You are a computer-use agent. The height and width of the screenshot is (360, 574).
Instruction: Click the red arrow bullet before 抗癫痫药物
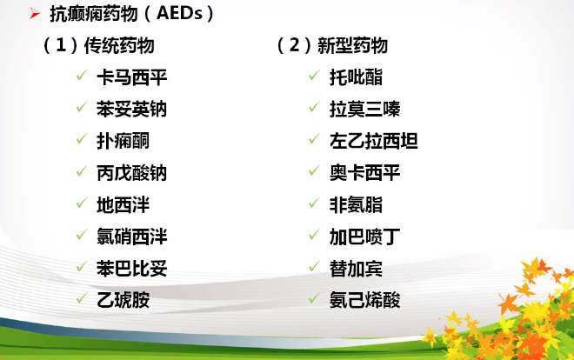pos(35,14)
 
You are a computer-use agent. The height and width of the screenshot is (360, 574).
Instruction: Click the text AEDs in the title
pos(179,14)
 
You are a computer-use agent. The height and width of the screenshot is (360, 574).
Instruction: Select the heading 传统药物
pos(119,46)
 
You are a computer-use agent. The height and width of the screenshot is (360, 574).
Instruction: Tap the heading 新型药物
pos(352,46)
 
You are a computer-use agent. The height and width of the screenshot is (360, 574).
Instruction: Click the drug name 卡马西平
pos(132,77)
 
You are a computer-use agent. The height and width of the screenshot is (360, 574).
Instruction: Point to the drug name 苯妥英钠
pos(132,110)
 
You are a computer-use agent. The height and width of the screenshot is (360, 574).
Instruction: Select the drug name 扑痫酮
pos(123,141)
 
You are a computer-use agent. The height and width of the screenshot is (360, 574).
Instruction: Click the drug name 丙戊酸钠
pos(132,173)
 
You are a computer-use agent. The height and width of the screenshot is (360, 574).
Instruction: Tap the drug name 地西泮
pos(123,205)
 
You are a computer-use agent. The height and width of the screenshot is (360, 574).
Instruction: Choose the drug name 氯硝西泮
pos(132,237)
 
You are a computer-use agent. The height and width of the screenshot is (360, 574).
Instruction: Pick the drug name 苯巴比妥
pos(132,269)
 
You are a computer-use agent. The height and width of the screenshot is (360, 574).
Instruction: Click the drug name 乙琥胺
pos(123,300)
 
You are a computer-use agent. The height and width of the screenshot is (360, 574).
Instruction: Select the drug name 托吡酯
pos(357,77)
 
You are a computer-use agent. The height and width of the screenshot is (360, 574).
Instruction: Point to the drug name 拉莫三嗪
pos(365,110)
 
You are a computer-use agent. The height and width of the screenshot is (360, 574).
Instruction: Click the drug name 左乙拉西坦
pos(374,141)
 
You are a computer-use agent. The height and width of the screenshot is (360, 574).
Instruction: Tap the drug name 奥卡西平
pos(365,173)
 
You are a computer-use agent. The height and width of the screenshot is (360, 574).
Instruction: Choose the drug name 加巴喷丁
pos(365,237)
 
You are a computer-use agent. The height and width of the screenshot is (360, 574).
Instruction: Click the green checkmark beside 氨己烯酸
pos(315,298)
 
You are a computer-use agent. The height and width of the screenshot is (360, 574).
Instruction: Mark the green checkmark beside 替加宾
pos(315,266)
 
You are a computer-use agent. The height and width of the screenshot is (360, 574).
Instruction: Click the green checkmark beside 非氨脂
pos(315,203)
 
